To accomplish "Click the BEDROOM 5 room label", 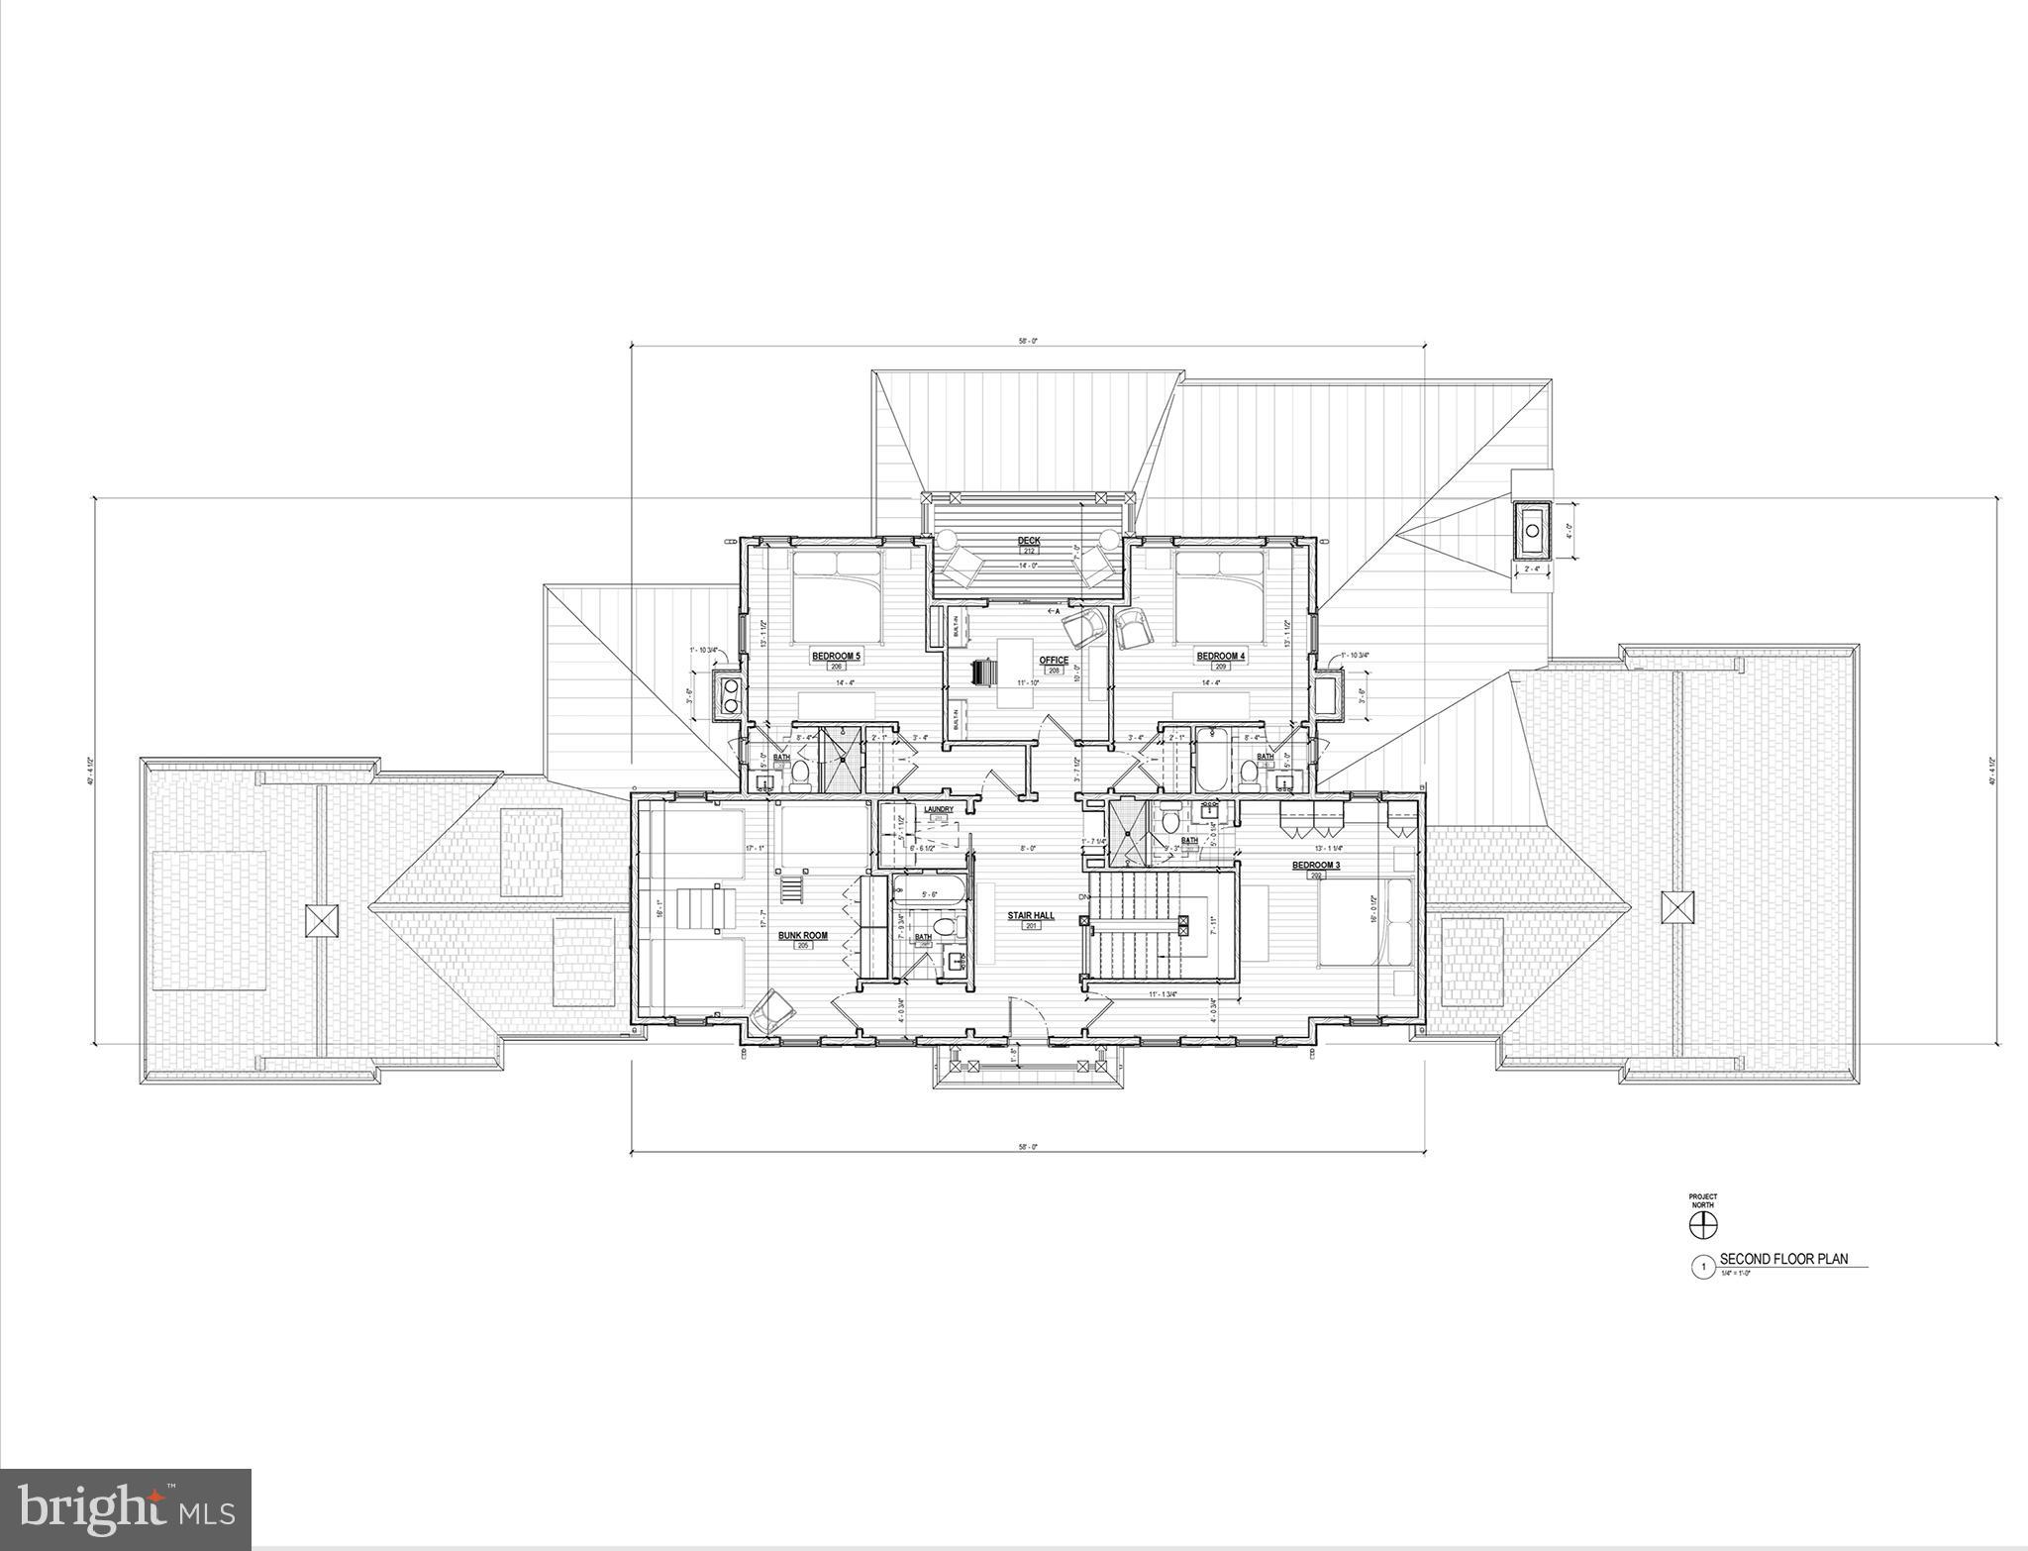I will pos(837,656).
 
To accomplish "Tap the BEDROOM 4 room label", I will pos(1220,656).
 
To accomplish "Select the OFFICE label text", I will pos(1054,661).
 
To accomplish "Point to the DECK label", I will pos(1029,541).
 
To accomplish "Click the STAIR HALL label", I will pos(1031,916).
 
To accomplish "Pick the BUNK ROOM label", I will pos(802,935).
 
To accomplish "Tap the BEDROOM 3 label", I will pos(1316,865).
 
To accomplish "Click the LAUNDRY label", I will pos(938,809).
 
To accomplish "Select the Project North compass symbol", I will pos(1702,1225).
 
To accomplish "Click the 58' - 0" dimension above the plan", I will pos(1028,340).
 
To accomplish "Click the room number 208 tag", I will pos(1054,671).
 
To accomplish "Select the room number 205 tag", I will pos(802,946).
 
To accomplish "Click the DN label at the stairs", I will pos(1082,870).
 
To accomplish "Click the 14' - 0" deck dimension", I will pos(1028,566).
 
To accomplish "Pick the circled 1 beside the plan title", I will pos(1702,1266).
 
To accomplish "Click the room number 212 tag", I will pos(1029,551).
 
